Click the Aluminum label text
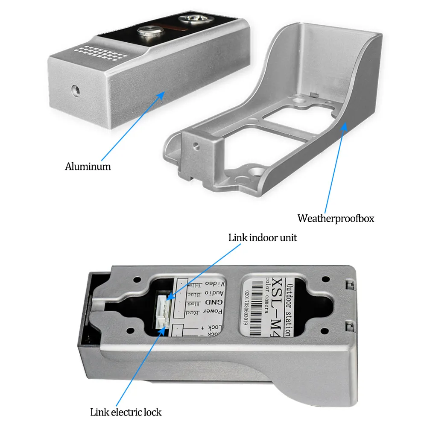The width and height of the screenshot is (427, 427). (x=88, y=167)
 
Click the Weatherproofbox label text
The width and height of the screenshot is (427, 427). (x=336, y=219)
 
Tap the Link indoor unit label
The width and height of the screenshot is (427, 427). (x=263, y=238)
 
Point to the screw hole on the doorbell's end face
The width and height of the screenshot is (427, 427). (x=76, y=89)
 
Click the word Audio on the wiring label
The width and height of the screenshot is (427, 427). (x=213, y=293)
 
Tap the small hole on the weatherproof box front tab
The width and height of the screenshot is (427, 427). (x=196, y=146)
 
